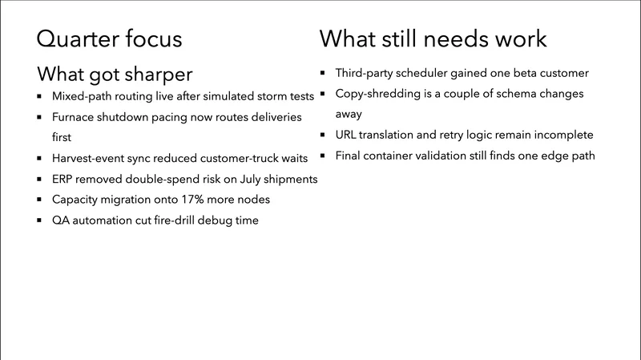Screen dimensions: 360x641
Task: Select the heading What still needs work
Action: (x=433, y=38)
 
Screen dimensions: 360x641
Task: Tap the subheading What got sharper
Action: (x=115, y=75)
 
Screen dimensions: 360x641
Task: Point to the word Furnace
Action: (x=75, y=116)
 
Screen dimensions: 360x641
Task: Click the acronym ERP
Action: (x=65, y=178)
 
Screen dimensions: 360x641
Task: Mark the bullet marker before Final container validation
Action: (x=325, y=156)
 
